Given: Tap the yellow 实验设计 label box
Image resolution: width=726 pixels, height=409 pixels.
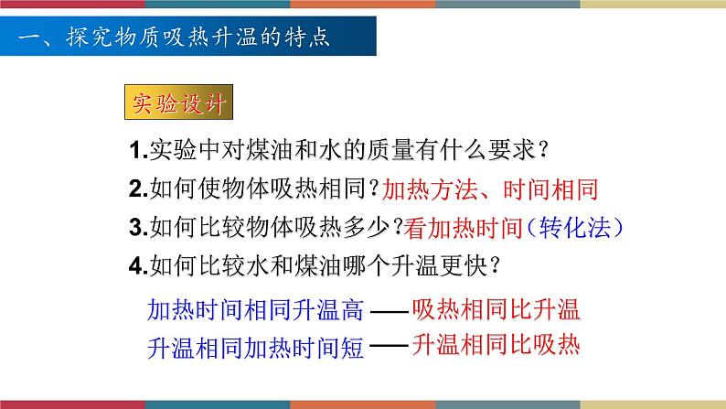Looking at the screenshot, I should click(x=176, y=103).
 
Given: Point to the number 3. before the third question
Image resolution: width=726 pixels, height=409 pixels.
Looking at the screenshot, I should click(x=137, y=227).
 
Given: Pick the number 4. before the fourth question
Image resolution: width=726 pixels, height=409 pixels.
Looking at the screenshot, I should click(x=137, y=265).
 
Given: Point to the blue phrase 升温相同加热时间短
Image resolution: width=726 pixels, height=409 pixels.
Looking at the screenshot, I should click(x=255, y=348).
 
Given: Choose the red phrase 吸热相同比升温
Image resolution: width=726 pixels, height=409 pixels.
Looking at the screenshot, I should click(x=496, y=308).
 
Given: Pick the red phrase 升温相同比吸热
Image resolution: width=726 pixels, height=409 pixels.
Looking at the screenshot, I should click(x=496, y=345).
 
